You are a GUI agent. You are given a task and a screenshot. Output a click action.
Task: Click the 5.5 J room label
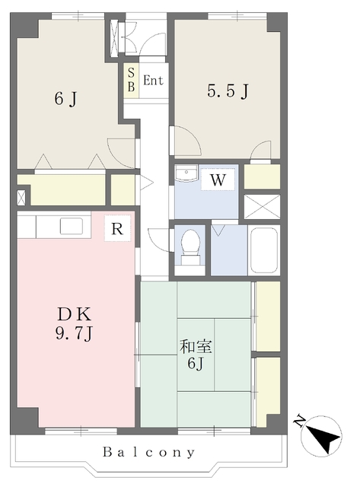[228, 91]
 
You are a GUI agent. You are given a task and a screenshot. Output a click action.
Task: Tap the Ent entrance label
[153, 81]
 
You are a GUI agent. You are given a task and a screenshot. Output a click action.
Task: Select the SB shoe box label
[131, 81]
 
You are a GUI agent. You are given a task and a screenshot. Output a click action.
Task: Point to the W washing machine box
[218, 180]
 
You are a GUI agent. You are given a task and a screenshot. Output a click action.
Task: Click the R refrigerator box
[117, 228]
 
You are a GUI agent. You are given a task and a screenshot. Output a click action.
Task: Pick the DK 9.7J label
[75, 324]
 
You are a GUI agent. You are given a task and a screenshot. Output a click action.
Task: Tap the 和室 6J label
[196, 355]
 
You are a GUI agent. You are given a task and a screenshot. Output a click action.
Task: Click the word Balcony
[149, 452]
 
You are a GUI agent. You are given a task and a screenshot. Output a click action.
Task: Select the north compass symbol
[321, 436]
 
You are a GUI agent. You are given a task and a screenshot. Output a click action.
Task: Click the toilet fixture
[190, 247]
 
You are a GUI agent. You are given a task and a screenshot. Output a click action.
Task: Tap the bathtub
[263, 250]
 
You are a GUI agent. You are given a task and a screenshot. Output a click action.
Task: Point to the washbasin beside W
[186, 173]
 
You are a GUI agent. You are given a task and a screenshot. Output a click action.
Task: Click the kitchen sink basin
[71, 226]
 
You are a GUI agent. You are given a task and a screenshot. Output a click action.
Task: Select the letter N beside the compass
[299, 420]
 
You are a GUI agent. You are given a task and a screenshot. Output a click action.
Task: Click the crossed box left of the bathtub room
[262, 207]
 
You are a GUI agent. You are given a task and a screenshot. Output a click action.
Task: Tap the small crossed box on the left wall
[21, 198]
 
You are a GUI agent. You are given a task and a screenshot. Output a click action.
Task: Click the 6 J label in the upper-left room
[65, 99]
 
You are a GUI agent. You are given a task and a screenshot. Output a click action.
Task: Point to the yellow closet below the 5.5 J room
[262, 177]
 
